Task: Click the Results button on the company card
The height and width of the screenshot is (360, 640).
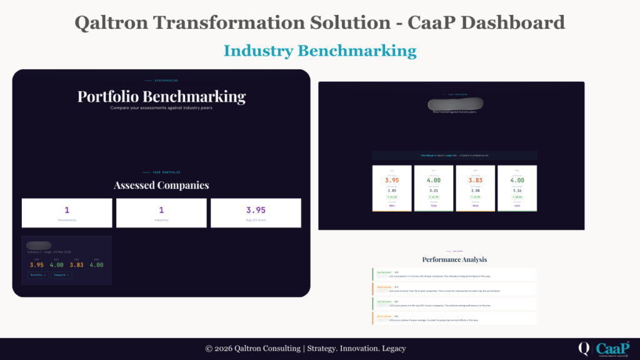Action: (37, 274)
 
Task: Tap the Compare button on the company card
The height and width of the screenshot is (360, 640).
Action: (61, 274)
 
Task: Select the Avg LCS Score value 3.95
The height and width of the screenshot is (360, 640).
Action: (256, 211)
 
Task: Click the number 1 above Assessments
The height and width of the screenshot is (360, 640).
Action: (67, 211)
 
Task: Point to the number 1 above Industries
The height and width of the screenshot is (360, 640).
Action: (161, 211)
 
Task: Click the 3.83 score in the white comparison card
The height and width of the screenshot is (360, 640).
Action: (475, 180)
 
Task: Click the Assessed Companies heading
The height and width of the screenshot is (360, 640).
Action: (161, 185)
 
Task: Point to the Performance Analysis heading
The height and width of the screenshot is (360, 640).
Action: (454, 259)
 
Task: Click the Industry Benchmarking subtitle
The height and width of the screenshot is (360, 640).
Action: (320, 50)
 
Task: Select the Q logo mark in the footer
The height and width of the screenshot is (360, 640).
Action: (584, 348)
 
